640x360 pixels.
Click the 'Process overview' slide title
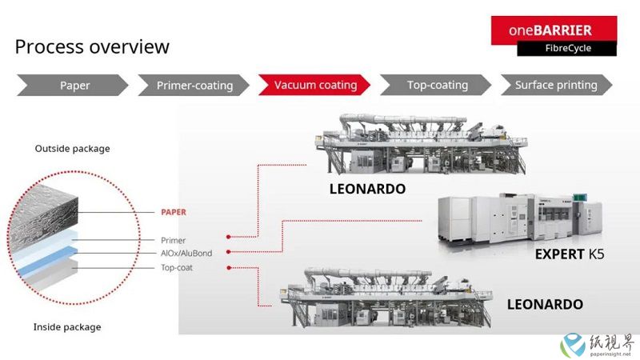pos(92,46)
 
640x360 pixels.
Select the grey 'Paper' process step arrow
pos(73,86)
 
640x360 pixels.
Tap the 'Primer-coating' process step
pos(194,86)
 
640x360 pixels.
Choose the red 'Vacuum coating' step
pos(314,85)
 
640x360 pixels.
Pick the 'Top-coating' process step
pos(436,85)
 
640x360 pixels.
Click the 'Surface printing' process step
pos(556,85)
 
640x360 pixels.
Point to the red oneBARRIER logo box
pos(554,30)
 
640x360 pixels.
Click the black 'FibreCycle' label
pos(567,48)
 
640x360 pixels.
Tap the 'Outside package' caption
pos(72,149)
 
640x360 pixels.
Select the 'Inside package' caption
pos(67,327)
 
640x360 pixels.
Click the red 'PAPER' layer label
pos(174,212)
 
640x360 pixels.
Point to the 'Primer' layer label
pos(173,241)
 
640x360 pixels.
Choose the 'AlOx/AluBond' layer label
pos(186,253)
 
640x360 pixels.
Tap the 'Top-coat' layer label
pos(177,268)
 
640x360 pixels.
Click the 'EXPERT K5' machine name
pos(570,254)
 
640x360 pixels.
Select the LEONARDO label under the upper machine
pos(367,189)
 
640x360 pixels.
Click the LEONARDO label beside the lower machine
pos(545,304)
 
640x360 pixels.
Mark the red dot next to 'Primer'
pos(229,237)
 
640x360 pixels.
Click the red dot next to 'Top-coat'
pos(229,268)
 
